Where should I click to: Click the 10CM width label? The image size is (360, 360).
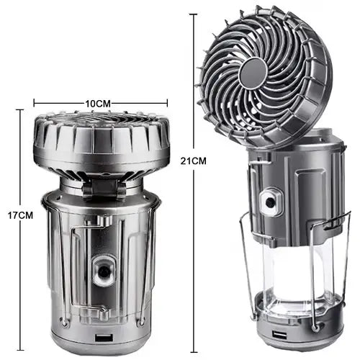(x=98, y=104)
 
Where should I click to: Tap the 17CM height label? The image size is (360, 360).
(x=20, y=215)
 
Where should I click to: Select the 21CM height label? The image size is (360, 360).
(x=194, y=161)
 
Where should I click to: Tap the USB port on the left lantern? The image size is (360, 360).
(x=104, y=337)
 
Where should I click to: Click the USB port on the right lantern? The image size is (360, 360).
(x=278, y=335)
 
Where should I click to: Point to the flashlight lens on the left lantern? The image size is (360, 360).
(x=104, y=271)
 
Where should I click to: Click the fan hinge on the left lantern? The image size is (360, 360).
(x=104, y=189)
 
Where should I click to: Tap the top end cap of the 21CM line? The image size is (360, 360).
(x=194, y=14)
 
